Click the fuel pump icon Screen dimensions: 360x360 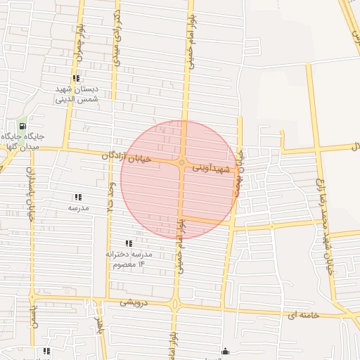pyautogui.click(x=23, y=126)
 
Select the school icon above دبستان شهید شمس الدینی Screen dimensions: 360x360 pyautogui.click(x=76, y=79)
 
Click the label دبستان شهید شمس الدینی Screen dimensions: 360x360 pyautogui.click(x=77, y=95)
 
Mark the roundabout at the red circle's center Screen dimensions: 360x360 pyautogui.click(x=182, y=163)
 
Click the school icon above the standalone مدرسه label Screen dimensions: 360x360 pyautogui.click(x=77, y=198)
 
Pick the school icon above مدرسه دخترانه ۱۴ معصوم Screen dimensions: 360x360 pyautogui.click(x=129, y=243)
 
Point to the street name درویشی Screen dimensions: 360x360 pyautogui.click(x=134, y=302)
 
